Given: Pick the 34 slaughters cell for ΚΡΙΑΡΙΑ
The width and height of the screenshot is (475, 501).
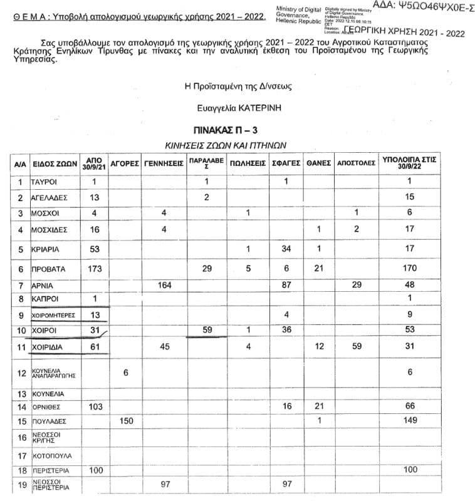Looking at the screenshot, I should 284,249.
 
